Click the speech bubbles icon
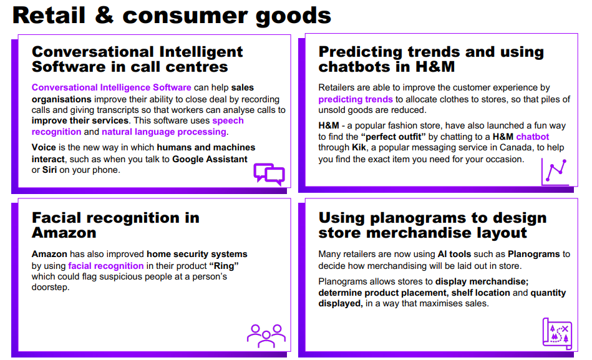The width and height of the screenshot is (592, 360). point(269,174)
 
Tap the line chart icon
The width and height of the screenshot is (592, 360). point(555,172)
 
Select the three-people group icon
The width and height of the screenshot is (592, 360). point(266,336)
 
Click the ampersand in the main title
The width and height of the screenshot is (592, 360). point(104,16)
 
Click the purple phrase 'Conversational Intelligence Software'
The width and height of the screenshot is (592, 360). point(112,87)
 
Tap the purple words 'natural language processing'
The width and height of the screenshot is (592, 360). point(164,132)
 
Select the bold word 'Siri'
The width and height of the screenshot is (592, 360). point(49,170)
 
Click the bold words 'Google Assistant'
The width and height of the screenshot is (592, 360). point(210,159)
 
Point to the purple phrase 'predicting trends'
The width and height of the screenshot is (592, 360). point(356,99)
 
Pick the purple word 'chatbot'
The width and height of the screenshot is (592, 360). point(532,137)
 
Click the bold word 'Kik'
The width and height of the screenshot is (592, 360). point(359,147)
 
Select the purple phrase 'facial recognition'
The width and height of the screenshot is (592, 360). point(105,266)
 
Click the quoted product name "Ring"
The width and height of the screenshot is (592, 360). point(224,266)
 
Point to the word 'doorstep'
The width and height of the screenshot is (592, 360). point(50,287)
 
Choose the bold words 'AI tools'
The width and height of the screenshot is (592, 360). point(454,254)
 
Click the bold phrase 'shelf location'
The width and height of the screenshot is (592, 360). point(480,293)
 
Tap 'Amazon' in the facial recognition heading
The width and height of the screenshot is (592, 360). point(64,233)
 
